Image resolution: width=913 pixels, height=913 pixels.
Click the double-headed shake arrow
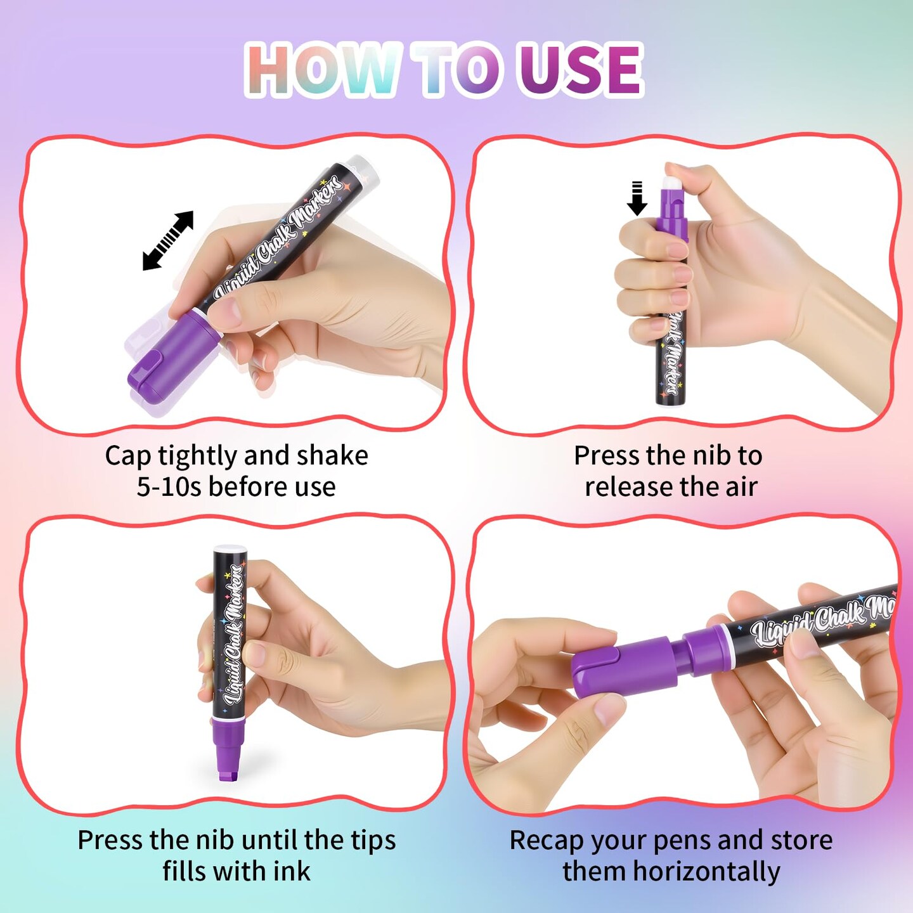168,241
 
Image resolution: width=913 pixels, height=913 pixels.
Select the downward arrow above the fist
637,198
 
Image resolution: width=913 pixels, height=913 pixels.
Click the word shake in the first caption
333,456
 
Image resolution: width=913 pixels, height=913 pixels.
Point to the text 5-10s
170,487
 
